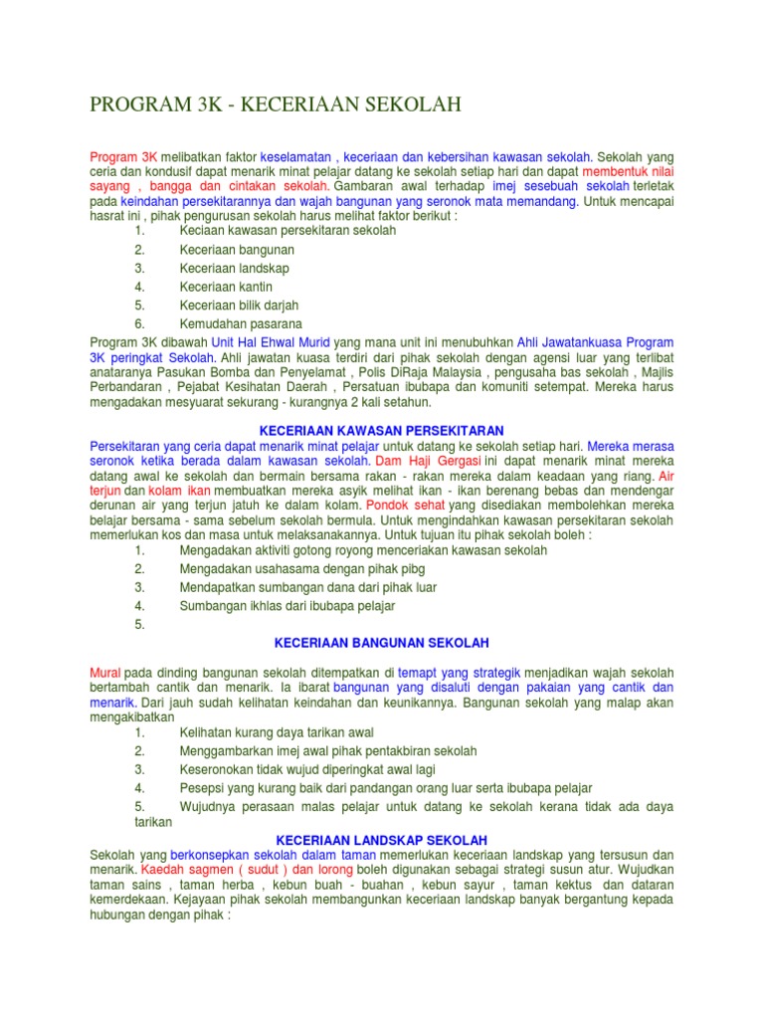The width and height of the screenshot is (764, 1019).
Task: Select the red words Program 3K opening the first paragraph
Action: [123, 157]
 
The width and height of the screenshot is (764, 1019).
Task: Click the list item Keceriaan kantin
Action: [226, 287]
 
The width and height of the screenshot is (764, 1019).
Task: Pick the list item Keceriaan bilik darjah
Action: [239, 306]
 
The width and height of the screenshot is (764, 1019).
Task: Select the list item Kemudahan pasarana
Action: [242, 324]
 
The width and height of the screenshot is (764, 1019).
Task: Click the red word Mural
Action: [105, 673]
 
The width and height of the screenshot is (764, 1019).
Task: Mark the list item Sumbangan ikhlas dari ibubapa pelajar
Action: [287, 605]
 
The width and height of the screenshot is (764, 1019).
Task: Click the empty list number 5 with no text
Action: [140, 624]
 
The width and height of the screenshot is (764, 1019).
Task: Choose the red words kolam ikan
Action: [179, 491]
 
